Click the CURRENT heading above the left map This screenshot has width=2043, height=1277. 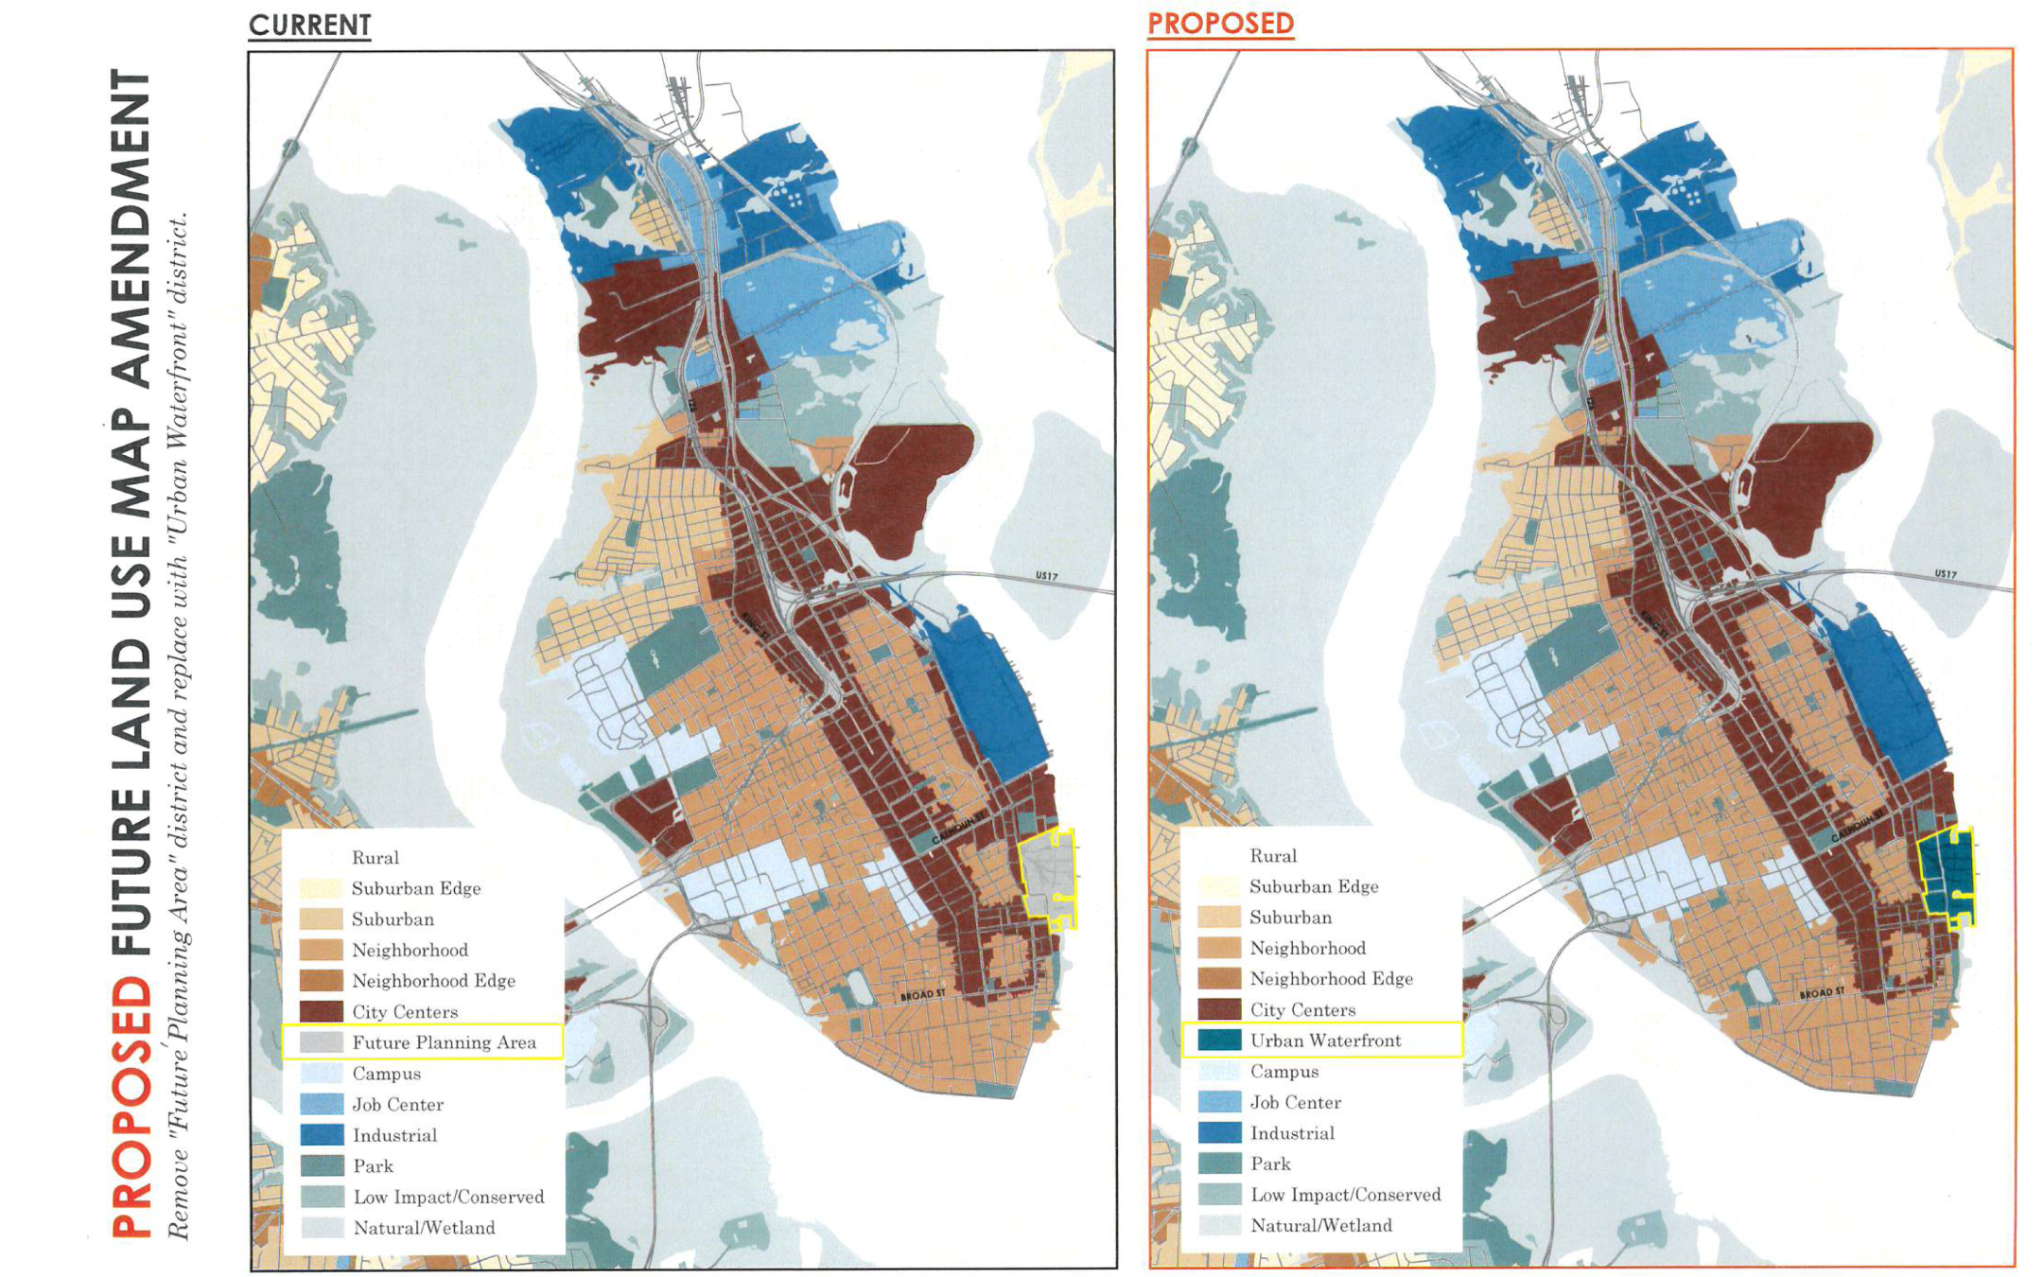point(309,26)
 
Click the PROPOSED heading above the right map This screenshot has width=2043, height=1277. point(1220,24)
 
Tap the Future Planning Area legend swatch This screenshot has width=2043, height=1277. point(321,1042)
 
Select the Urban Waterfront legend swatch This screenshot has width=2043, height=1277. point(1218,1041)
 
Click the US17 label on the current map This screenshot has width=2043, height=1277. point(1046,576)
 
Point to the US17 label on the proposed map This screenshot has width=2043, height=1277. point(1945,574)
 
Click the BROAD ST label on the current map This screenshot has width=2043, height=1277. point(922,995)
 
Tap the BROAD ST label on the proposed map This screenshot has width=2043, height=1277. point(1821,993)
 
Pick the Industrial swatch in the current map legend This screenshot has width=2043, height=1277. point(321,1135)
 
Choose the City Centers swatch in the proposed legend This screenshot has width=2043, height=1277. point(1218,1009)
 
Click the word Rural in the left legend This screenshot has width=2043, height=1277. point(375,858)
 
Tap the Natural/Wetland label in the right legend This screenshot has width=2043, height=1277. point(1320,1226)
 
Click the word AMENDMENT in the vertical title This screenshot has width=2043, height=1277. point(132,227)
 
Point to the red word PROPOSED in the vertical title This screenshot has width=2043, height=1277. point(132,1107)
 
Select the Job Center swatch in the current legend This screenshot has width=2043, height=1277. point(321,1104)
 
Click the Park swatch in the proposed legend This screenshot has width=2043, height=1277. point(1218,1163)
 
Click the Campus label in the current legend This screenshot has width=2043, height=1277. point(386,1074)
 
